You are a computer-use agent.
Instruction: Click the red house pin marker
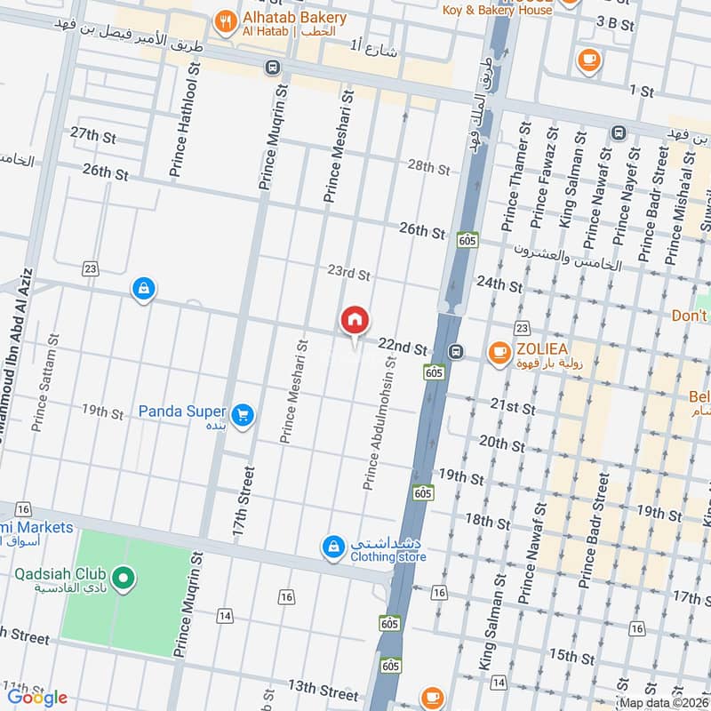(x=355, y=320)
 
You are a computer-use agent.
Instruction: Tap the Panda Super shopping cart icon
(x=241, y=414)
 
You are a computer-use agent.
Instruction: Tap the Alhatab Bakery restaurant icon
(x=226, y=20)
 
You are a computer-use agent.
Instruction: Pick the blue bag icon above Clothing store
(x=332, y=545)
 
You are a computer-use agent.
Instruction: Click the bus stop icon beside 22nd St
(x=456, y=351)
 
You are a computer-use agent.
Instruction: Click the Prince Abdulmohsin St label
(x=379, y=423)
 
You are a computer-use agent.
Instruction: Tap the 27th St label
(x=93, y=135)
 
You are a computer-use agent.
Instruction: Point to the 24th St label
(x=499, y=284)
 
